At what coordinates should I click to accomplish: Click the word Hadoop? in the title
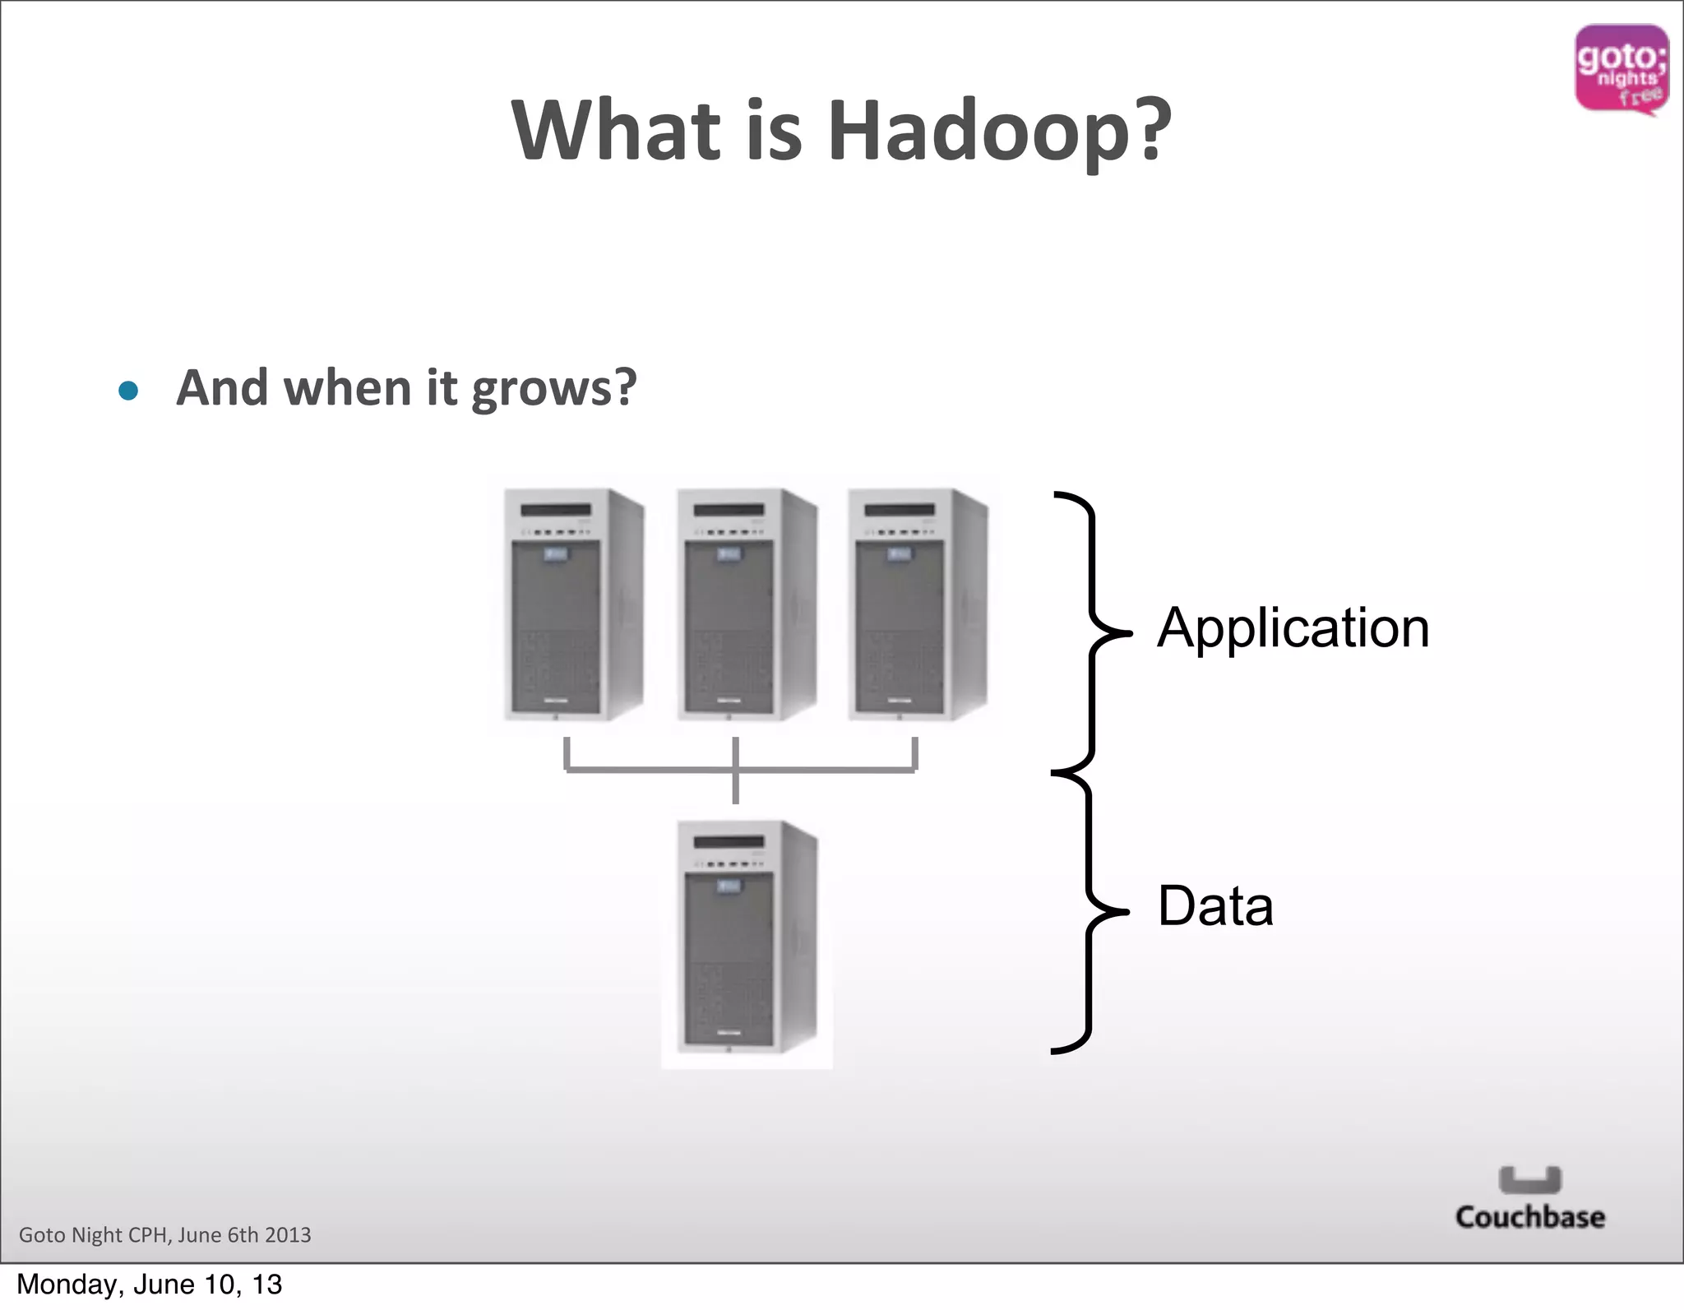click(999, 132)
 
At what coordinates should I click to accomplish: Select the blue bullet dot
click(128, 390)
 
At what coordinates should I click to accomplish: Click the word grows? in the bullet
click(554, 388)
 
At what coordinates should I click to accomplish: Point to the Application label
click(1293, 628)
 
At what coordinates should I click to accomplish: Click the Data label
click(1215, 906)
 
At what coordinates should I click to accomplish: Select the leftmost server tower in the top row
click(573, 604)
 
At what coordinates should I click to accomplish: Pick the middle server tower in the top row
click(746, 604)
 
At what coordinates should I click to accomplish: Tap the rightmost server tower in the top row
click(918, 604)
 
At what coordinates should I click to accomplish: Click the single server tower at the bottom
click(746, 937)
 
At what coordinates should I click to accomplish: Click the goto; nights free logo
click(1621, 69)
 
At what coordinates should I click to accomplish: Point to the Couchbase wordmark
click(1529, 1217)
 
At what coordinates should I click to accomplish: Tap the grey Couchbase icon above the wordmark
click(1529, 1179)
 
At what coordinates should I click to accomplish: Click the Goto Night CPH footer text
click(164, 1235)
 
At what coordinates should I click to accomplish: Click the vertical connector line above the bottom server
click(735, 787)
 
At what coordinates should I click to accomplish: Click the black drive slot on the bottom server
click(729, 842)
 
